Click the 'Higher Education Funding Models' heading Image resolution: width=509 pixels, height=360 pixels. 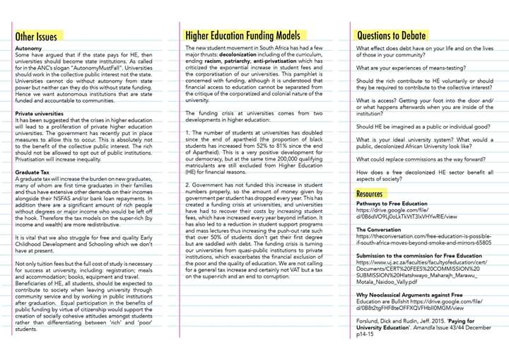coord(242,35)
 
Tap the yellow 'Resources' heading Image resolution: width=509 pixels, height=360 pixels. coord(370,194)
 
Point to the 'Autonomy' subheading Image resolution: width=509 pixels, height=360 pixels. coord(28,48)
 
